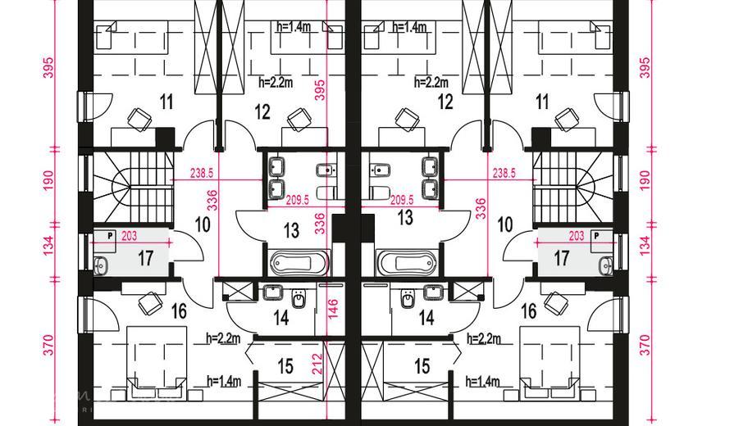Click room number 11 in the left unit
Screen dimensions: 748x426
pyautogui.click(x=166, y=102)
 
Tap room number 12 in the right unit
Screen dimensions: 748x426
pyautogui.click(x=445, y=102)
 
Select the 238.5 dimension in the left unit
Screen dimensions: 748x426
pyautogui.click(x=202, y=174)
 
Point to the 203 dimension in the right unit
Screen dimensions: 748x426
pyautogui.click(x=577, y=236)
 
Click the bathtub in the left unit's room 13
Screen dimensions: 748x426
pyautogui.click(x=299, y=262)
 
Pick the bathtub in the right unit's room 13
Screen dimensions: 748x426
pyautogui.click(x=407, y=262)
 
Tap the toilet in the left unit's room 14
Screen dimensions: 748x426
pyautogui.click(x=299, y=298)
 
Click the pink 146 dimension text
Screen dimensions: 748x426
pyautogui.click(x=332, y=310)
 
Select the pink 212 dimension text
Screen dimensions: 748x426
pyautogui.click(x=318, y=364)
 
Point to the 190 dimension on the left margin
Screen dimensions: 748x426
pyautogui.click(x=49, y=181)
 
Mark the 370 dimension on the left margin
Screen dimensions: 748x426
pyautogui.click(x=49, y=346)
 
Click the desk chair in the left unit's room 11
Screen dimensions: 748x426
pyautogui.click(x=139, y=119)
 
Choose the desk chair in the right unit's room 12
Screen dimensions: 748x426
pyautogui.click(x=408, y=119)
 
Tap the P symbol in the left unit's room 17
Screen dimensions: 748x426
pyautogui.click(x=110, y=235)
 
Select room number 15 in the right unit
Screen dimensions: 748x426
pyautogui.click(x=422, y=366)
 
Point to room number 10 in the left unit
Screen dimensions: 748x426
pyautogui.click(x=203, y=224)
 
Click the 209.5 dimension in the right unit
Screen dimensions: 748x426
pyautogui.click(x=402, y=200)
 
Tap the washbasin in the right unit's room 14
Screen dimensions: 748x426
pyautogui.click(x=434, y=292)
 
